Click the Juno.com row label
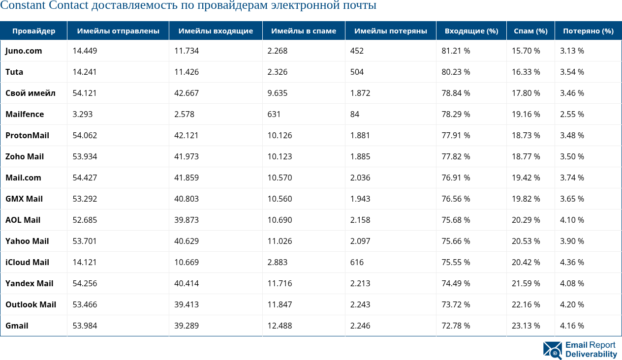tap(24, 51)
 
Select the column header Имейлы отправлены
tap(118, 30)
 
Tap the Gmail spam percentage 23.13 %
tap(526, 326)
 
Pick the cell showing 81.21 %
tap(456, 51)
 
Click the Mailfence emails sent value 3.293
tap(82, 114)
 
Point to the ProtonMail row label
tap(27, 135)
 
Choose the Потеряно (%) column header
tap(588, 30)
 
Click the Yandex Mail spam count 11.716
tap(280, 283)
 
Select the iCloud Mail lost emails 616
tap(357, 262)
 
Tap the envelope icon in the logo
tap(553, 350)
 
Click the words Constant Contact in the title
tap(45, 6)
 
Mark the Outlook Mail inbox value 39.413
tap(187, 304)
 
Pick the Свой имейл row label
tap(31, 93)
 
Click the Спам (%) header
tap(530, 30)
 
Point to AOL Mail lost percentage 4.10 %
tap(572, 220)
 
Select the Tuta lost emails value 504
tap(357, 72)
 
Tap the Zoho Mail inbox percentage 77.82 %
tap(456, 156)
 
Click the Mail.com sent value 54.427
tap(85, 178)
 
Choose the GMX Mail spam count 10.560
tap(280, 199)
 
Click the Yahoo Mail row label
tap(27, 241)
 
